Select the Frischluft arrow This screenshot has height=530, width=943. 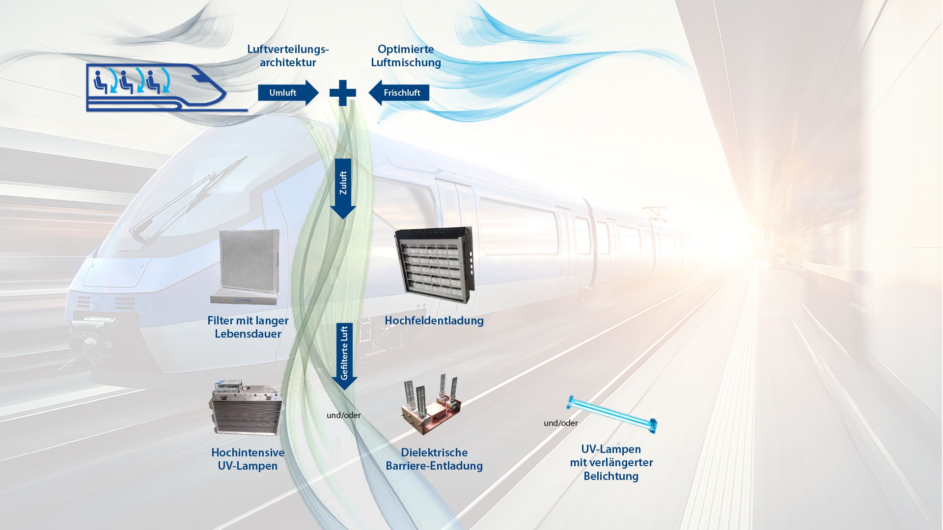tap(399, 93)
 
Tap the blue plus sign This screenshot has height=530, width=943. tap(343, 93)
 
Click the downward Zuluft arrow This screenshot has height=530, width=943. tap(343, 188)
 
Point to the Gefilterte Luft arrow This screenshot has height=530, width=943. tap(344, 356)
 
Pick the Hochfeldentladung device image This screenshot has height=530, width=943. tap(435, 265)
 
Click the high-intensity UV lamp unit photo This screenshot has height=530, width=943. tap(246, 408)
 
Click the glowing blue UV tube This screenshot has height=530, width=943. tap(612, 415)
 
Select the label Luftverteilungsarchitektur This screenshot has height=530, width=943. tap(288, 56)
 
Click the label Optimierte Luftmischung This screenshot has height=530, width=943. tap(406, 56)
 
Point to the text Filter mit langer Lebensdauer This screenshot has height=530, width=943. tap(248, 327)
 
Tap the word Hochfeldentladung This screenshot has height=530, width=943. tap(434, 321)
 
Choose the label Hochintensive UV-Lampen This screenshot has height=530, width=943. tap(248, 459)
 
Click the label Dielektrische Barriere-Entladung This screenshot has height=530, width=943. tap(434, 459)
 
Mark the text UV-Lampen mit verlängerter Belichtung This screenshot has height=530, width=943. tap(611, 463)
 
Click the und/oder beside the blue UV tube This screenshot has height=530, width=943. tap(560, 423)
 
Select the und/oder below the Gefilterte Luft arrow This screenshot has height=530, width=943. tap(344, 415)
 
